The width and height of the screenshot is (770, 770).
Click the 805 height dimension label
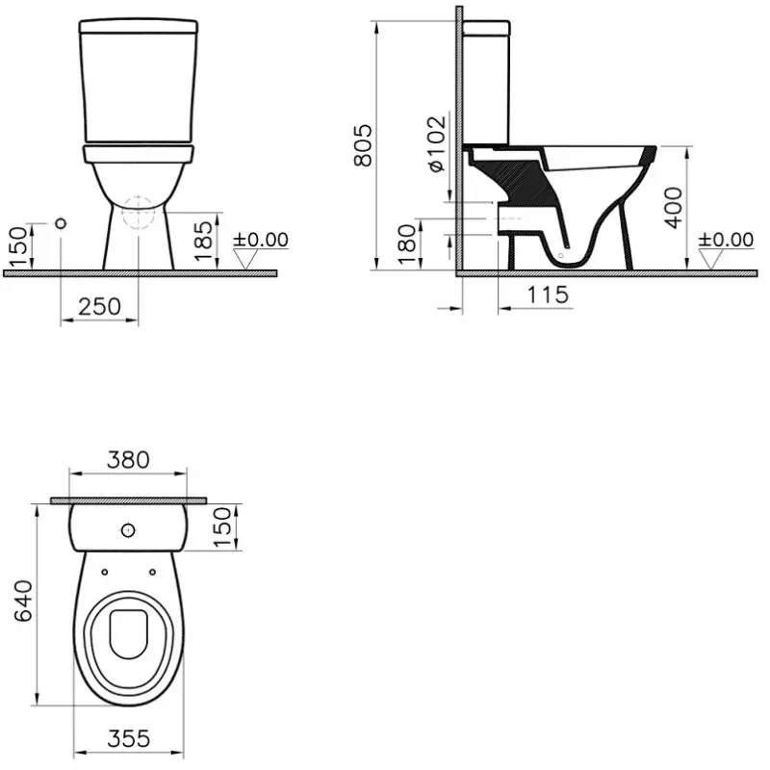pyautogui.click(x=364, y=145)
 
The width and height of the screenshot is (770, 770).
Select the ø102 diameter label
pyautogui.click(x=437, y=143)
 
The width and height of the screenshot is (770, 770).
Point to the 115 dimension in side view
pyautogui.click(x=548, y=295)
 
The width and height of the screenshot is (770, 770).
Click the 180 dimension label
pyautogui.click(x=406, y=244)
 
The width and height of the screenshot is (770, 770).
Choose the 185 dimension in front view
pyautogui.click(x=203, y=241)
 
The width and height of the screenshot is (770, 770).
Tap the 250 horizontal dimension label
pyautogui.click(x=100, y=306)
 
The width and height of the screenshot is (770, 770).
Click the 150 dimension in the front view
pyautogui.click(x=18, y=247)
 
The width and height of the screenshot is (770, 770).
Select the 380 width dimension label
pyautogui.click(x=128, y=460)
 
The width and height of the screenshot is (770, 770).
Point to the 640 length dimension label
pyautogui.click(x=23, y=601)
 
